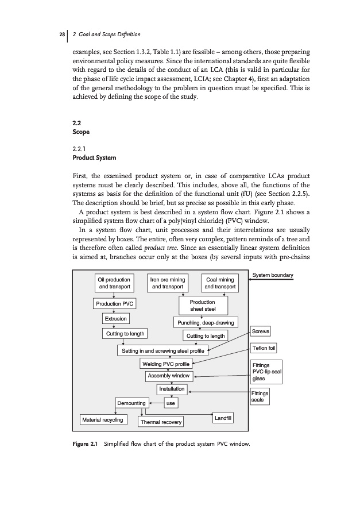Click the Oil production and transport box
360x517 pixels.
click(x=115, y=283)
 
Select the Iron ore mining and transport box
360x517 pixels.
click(x=167, y=283)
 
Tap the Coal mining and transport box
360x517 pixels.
click(x=220, y=283)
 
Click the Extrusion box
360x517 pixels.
click(x=115, y=318)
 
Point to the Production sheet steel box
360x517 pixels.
click(x=202, y=305)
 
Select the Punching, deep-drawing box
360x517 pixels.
click(x=206, y=322)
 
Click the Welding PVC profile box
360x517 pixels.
click(x=165, y=364)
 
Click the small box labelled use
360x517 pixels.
click(x=170, y=403)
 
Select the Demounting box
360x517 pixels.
click(x=131, y=403)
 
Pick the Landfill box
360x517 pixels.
click(x=222, y=418)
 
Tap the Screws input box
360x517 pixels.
click(x=261, y=331)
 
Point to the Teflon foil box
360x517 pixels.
click(x=264, y=348)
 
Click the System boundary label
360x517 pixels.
click(x=273, y=275)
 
